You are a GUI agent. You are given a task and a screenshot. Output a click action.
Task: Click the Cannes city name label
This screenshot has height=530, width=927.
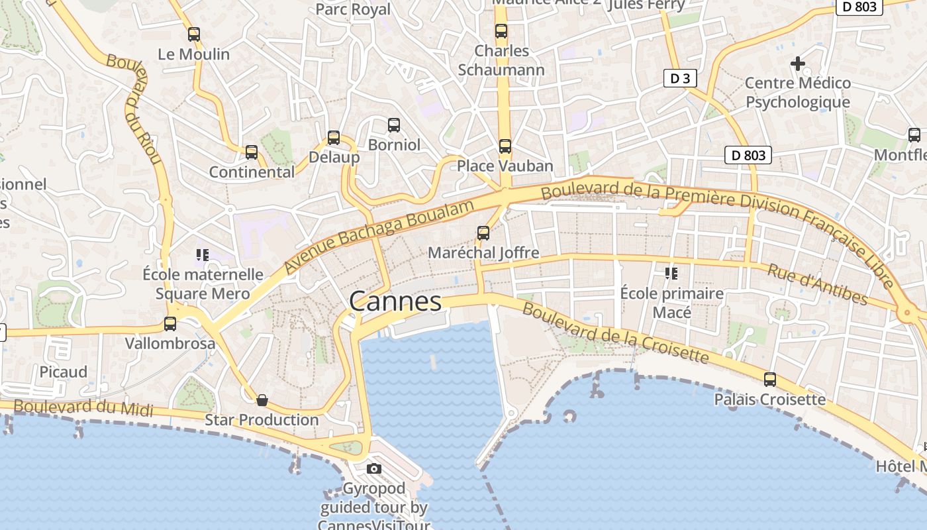(x=395, y=302)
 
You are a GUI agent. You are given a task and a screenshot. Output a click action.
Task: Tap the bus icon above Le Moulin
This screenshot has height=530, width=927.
(x=194, y=34)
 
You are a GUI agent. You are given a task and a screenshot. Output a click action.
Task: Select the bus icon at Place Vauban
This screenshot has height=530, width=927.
(x=505, y=146)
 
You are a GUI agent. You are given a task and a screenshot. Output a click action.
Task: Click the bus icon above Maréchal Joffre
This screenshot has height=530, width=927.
(x=483, y=233)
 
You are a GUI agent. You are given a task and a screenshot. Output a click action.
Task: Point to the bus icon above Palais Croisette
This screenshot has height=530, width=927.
(x=770, y=380)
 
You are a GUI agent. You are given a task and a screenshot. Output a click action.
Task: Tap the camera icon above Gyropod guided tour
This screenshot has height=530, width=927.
(x=374, y=469)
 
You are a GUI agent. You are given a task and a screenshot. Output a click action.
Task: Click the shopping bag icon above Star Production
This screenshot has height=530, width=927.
(x=262, y=400)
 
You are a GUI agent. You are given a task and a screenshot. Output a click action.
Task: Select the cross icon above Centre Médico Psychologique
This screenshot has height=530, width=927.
(x=798, y=64)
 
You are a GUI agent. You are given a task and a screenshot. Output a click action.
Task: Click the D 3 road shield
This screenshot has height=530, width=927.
(x=680, y=79)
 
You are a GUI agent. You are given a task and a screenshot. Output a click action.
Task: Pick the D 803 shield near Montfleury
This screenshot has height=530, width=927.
(x=748, y=156)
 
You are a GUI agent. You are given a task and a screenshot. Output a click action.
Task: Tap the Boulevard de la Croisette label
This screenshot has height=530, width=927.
(x=615, y=333)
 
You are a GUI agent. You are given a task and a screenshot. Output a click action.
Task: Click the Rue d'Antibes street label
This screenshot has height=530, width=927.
(x=817, y=284)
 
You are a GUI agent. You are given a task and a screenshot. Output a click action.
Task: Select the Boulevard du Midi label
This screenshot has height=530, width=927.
(x=83, y=407)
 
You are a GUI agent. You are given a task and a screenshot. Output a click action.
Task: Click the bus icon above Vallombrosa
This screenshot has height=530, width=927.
(x=170, y=324)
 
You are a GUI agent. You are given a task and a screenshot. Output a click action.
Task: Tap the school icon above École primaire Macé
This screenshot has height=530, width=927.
(x=671, y=273)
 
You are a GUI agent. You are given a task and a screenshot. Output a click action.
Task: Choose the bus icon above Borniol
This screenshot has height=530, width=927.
(x=394, y=125)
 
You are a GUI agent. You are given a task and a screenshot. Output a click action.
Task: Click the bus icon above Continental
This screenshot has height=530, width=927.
(x=252, y=152)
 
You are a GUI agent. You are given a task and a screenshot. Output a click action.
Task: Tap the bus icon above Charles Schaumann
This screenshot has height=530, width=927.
(x=501, y=31)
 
